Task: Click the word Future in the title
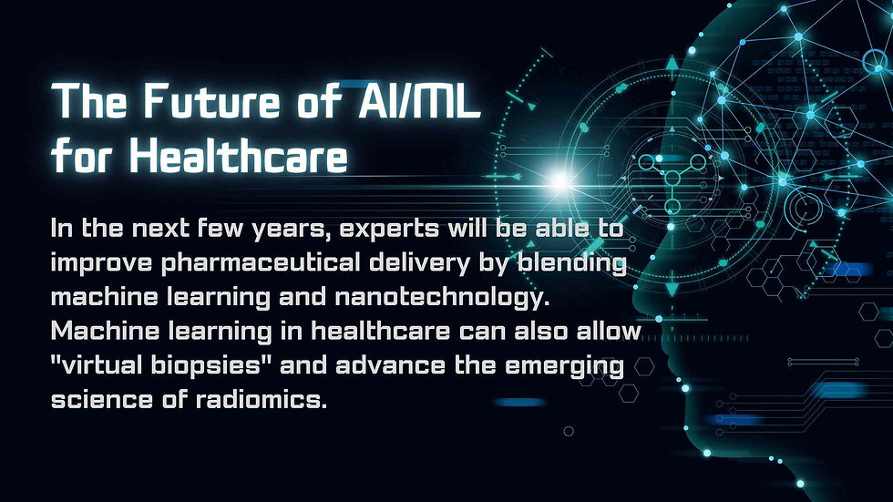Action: click(211, 101)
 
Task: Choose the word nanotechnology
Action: click(442, 298)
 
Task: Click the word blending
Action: click(572, 263)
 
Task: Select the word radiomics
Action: click(262, 399)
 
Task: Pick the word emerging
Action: click(564, 366)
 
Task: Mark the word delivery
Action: click(420, 263)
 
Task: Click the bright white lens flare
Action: click(560, 179)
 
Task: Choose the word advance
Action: click(390, 364)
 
